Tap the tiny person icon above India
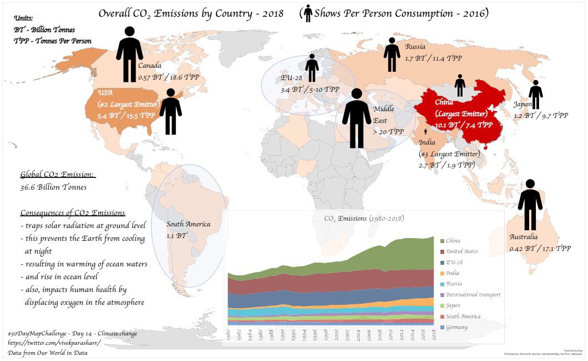[x=426, y=131]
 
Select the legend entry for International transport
[x=473, y=295]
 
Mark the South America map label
[x=188, y=224]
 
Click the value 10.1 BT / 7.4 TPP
[x=464, y=125]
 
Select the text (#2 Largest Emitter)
[x=128, y=104]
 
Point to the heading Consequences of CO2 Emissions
[x=72, y=213]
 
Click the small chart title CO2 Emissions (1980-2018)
[x=364, y=219]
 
